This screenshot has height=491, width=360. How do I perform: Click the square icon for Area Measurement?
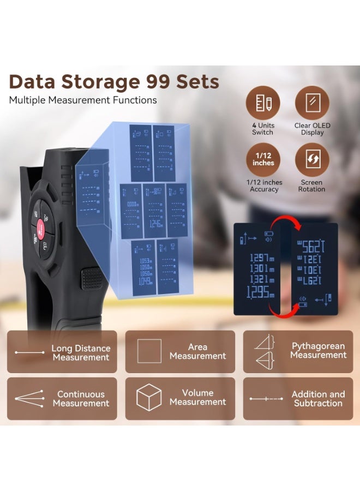pyautogui.click(x=149, y=351)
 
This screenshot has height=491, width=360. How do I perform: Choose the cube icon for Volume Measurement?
pyautogui.click(x=149, y=397)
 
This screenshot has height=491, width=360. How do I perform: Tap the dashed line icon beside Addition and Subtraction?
pyautogui.click(x=266, y=399)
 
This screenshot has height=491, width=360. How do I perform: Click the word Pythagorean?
pyautogui.click(x=318, y=346)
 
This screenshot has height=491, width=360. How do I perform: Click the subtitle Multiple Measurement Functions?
pyautogui.click(x=83, y=100)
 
